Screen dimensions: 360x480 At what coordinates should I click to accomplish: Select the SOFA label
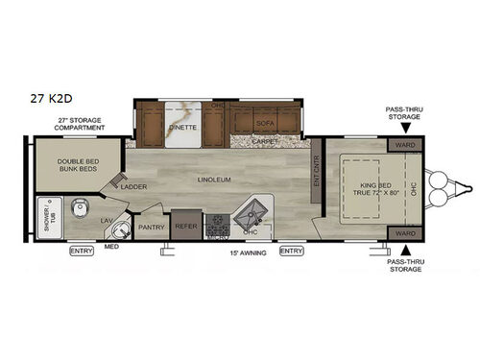click(x=265, y=125)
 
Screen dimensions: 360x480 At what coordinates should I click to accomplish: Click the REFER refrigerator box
click(x=184, y=227)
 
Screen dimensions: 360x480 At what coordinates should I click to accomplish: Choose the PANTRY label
click(x=151, y=227)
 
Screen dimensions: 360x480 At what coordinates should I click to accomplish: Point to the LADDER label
click(x=133, y=186)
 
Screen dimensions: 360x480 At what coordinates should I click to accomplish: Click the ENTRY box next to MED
click(x=83, y=252)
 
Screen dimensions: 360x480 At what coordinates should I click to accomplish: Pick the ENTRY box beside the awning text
click(x=291, y=252)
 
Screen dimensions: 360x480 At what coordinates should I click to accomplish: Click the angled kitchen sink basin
click(x=256, y=208)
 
